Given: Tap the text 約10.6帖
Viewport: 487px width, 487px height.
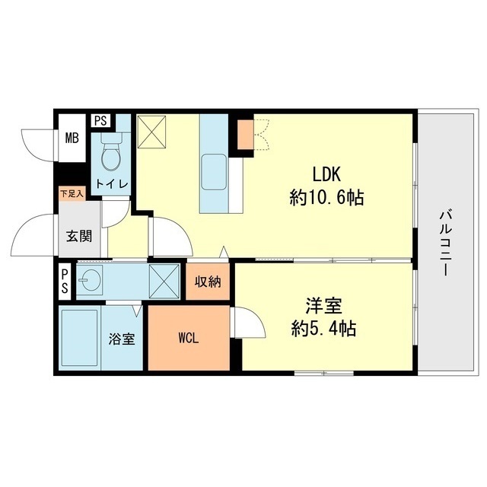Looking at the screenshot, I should click(326, 199).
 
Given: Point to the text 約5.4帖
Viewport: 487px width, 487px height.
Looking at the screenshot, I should click(323, 330).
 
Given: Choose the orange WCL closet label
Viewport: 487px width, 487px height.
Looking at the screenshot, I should click(189, 339).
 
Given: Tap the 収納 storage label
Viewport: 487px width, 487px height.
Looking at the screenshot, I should click(208, 282).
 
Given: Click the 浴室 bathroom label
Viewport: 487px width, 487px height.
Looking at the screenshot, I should click(122, 339).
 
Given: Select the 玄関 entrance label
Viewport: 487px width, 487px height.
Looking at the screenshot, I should click(78, 236).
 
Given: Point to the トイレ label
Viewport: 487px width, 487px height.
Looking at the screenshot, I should click(111, 183).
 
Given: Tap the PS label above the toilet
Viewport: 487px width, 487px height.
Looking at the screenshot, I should click(100, 120).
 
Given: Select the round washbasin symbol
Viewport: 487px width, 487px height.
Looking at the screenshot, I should click(91, 280).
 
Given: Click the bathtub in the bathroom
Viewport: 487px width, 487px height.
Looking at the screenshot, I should click(81, 337).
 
